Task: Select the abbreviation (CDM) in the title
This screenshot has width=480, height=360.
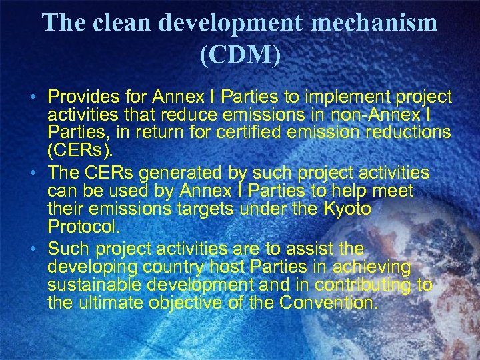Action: (x=240, y=55)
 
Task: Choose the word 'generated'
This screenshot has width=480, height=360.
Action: (x=188, y=174)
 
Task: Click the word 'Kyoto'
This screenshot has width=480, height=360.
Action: (x=347, y=210)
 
